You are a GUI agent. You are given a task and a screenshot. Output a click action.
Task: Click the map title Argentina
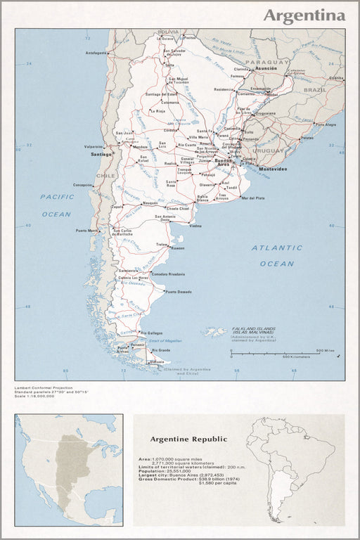click(x=304, y=15)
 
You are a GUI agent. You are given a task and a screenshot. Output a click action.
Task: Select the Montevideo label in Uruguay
click(x=273, y=169)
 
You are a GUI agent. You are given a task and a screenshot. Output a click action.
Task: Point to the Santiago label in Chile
click(x=102, y=153)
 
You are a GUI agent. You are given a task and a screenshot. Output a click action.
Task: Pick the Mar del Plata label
click(x=252, y=198)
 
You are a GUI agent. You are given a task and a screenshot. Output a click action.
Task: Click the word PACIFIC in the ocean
click(x=56, y=197)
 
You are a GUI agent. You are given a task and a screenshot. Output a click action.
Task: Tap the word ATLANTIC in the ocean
click(x=277, y=247)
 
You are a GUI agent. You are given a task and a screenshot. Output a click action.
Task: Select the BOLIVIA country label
click(x=168, y=32)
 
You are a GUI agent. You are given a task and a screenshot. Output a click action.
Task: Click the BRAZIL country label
click(x=316, y=90)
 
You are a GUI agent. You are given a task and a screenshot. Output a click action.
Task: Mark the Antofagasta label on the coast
click(x=95, y=53)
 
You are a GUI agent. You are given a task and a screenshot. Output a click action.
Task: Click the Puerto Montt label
click(x=88, y=231)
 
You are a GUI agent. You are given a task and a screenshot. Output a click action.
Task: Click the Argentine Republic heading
click(x=188, y=439)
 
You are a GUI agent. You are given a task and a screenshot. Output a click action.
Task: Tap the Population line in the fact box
click(x=165, y=470)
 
